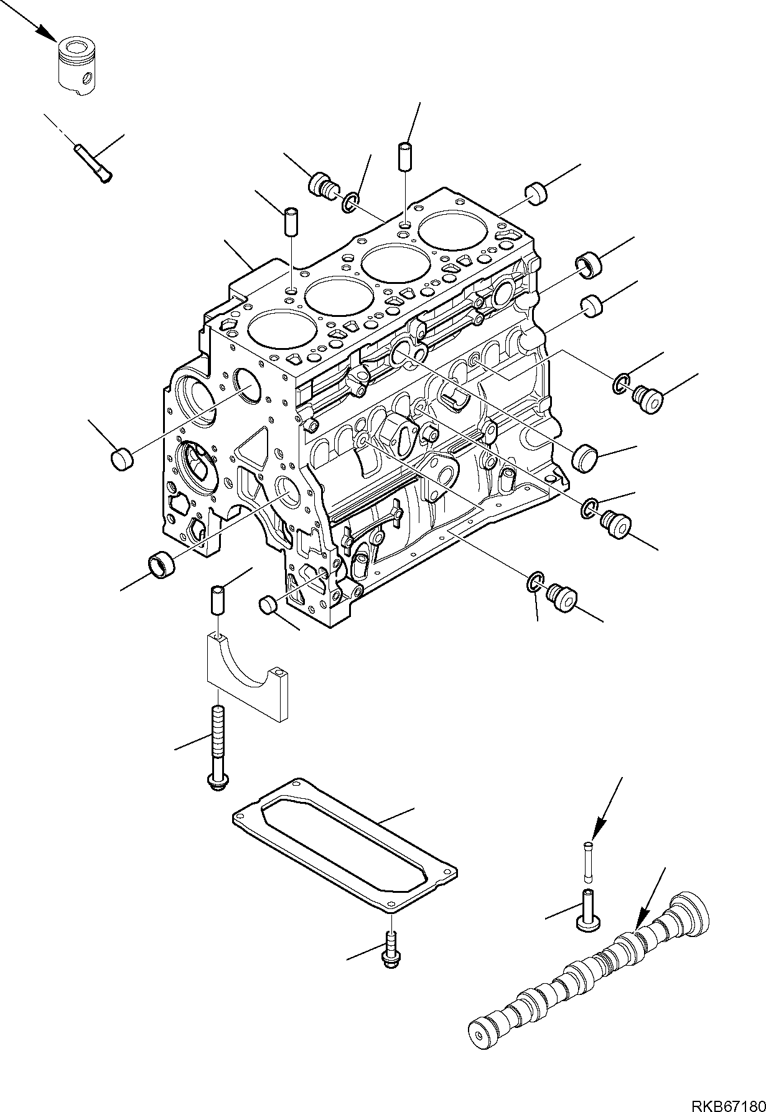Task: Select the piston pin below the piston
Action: [93, 163]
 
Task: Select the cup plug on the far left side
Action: [123, 459]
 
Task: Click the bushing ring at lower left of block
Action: [161, 562]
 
